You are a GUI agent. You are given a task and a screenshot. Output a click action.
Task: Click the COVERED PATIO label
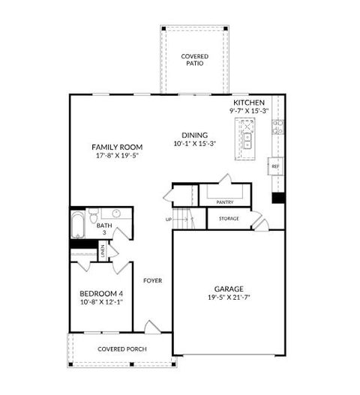pos(195,60)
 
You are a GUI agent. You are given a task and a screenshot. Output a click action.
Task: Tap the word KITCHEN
pos(249,103)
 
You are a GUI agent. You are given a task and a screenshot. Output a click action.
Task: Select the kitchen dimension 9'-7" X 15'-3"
pos(249,111)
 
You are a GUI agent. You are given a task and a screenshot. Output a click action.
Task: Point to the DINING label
pos(194,135)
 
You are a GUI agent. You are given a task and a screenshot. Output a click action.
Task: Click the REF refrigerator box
pos(275,166)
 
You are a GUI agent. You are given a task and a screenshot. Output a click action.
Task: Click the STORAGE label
pos(229,219)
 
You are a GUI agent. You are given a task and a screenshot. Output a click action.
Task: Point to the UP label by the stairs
pos(168,220)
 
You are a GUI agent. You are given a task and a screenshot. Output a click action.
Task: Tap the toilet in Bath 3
pos(94,218)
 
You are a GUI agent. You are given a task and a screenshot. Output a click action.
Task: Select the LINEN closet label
pos(103,250)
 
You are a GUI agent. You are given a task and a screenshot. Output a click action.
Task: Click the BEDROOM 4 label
pos(100,293)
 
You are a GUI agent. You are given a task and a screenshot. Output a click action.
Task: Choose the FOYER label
pos(153,281)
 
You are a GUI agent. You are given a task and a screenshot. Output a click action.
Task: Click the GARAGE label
pos(229,289)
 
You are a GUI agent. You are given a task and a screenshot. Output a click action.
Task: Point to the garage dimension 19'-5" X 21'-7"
pos(229,298)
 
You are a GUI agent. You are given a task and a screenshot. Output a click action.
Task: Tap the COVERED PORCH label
pos(121,349)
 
